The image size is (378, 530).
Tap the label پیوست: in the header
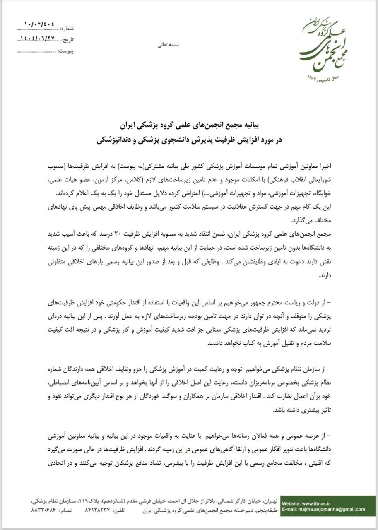pyautogui.click(x=66, y=51)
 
